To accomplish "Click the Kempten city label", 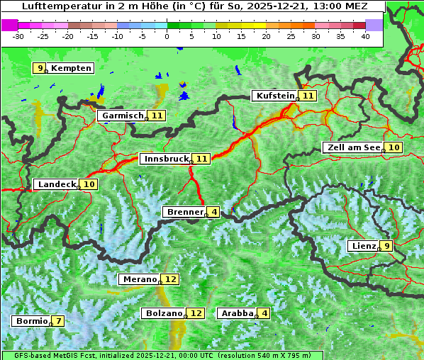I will point(71,68).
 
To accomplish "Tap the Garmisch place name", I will point(123,116).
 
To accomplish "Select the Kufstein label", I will point(275,96).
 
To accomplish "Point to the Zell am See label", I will point(352,147).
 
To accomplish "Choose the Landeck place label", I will point(57,184).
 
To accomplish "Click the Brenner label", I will point(184,212).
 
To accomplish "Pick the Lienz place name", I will point(364,246).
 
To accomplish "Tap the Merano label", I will point(139,279).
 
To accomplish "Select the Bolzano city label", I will point(164,313).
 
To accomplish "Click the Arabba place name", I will point(237,313).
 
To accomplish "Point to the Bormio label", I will point(32,321).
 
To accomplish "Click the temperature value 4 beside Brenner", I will point(214,212).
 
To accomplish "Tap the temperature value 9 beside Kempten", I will point(41,68).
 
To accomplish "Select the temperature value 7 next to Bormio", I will point(58,321).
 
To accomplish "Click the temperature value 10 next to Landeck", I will point(89,184).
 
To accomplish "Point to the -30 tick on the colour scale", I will point(18,35).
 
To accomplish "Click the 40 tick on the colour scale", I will point(365,35).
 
